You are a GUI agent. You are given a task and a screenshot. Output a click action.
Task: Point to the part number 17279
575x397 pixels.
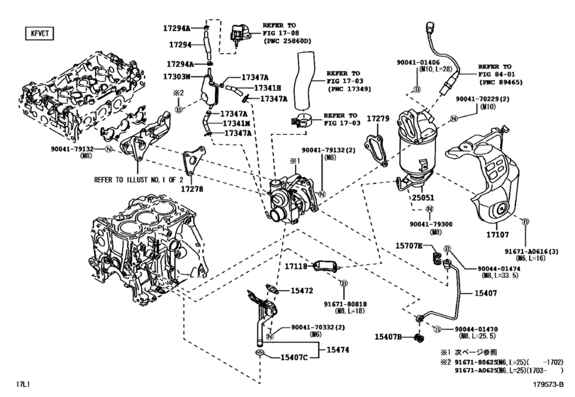click(x=378, y=118)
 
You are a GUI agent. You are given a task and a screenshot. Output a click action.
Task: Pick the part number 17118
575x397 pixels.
click(x=296, y=267)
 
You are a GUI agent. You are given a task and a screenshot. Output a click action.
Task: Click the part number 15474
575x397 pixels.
click(x=337, y=350)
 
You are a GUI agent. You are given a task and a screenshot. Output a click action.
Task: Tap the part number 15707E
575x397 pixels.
click(x=408, y=246)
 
